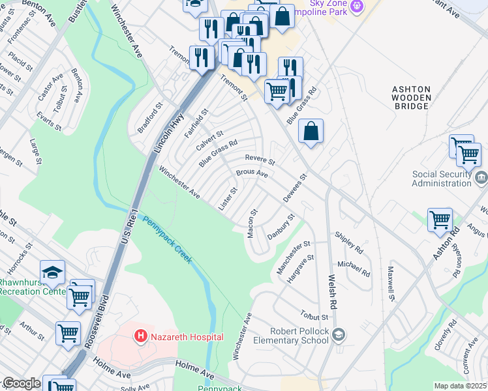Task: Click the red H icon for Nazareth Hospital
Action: pyautogui.click(x=140, y=336)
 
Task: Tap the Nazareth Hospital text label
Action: pyautogui.click(x=186, y=337)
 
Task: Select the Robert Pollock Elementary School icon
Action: pyautogui.click(x=338, y=335)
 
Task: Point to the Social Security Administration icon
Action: pyautogui.click(x=481, y=177)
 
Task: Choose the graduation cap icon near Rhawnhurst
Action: pyautogui.click(x=52, y=271)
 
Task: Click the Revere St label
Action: pyautogui.click(x=260, y=159)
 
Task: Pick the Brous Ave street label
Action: pyautogui.click(x=252, y=174)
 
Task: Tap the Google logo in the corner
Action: pyautogui.click(x=21, y=384)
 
